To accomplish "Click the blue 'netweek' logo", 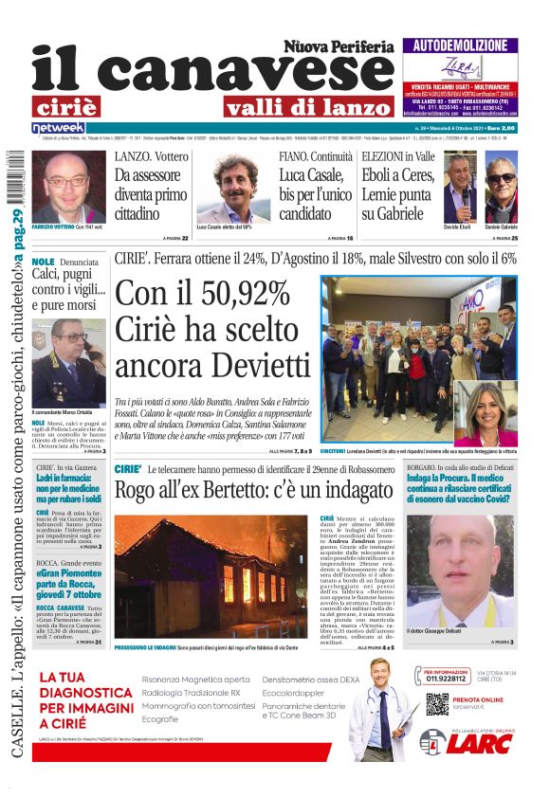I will coord(58,128).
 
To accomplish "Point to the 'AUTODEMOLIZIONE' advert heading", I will coord(460,45).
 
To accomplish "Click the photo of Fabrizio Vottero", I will coord(68,187).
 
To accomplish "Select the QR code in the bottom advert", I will coord(436,704).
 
